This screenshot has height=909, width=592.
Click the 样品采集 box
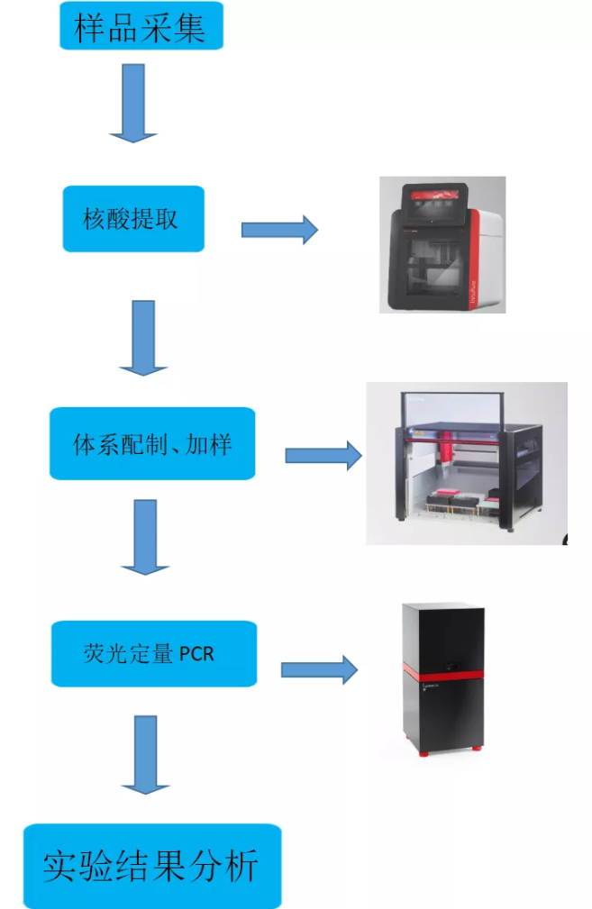(141, 27)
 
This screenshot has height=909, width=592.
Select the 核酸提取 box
(133, 219)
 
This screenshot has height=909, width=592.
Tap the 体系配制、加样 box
(152, 443)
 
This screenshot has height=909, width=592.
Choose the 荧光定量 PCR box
(153, 653)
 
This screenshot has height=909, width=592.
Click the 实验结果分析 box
(152, 865)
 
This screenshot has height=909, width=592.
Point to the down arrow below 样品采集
(133, 104)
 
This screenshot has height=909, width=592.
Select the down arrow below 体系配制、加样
(145, 537)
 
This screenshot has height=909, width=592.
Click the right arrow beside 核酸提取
(279, 230)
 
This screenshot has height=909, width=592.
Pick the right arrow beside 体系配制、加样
(323, 456)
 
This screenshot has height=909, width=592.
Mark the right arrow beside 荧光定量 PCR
(319, 669)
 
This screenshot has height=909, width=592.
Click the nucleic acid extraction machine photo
(442, 245)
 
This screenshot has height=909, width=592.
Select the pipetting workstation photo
(466, 463)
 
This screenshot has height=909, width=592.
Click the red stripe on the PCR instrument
(442, 673)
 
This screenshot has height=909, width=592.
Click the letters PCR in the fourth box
(197, 654)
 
